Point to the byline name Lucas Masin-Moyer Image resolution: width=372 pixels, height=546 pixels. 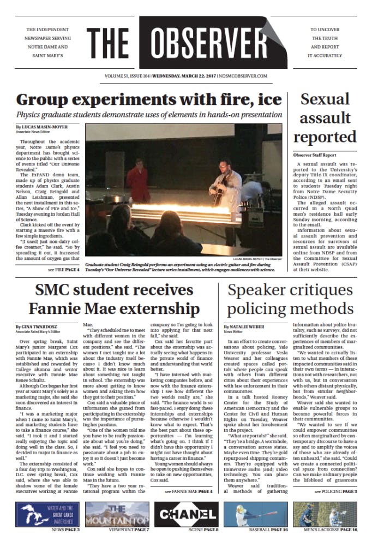tap(42, 127)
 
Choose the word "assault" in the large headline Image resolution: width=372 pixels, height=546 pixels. tap(325, 117)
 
